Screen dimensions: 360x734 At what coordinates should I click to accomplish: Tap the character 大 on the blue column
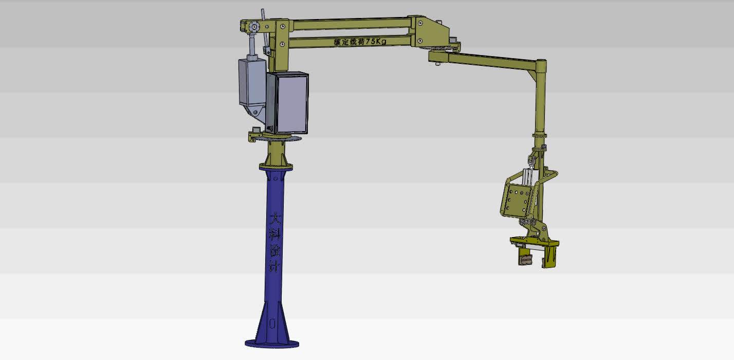(276, 219)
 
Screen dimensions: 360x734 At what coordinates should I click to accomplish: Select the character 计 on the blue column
(274, 266)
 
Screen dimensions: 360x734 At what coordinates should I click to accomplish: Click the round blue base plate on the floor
(272, 343)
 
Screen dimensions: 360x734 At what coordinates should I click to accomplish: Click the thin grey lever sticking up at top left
(263, 15)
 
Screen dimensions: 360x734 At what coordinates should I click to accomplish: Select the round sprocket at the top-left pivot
(253, 27)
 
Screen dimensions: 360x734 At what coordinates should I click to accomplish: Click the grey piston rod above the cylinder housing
(253, 48)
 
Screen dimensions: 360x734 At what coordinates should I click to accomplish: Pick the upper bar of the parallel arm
(350, 22)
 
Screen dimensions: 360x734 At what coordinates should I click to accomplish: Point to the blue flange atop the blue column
(276, 167)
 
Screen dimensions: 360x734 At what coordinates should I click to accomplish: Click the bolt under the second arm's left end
(437, 64)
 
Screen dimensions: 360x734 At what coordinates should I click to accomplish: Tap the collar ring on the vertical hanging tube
(539, 134)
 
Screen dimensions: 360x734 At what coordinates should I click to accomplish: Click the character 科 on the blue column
(276, 234)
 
